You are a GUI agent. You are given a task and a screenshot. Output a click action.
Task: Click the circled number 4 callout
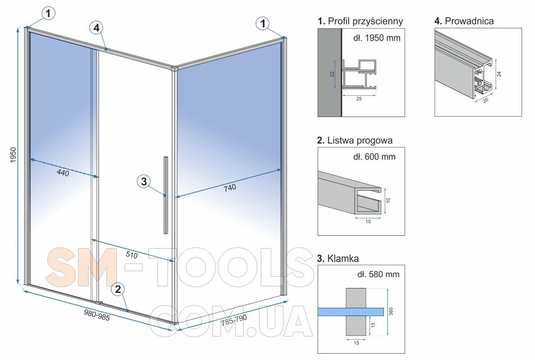(x=97, y=27)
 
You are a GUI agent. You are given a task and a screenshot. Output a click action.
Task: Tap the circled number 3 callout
(x=144, y=181)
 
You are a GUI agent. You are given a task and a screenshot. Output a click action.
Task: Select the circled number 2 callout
(x=118, y=289)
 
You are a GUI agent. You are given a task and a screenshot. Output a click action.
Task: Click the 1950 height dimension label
(x=13, y=155)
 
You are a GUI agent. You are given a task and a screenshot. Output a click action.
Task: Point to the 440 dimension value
(x=63, y=173)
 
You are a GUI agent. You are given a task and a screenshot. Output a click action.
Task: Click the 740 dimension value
(x=229, y=188)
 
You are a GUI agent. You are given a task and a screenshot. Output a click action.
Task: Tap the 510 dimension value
(x=132, y=255)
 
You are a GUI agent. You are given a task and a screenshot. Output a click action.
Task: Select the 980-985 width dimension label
(x=97, y=315)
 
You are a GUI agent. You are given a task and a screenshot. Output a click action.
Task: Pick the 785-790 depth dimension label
(x=234, y=320)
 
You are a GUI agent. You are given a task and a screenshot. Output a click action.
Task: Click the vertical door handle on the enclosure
(x=166, y=195)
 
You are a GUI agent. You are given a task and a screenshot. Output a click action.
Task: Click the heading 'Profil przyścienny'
(x=365, y=21)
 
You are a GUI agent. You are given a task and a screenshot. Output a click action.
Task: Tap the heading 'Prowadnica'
(x=469, y=21)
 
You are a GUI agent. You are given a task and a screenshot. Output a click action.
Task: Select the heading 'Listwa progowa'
(x=360, y=140)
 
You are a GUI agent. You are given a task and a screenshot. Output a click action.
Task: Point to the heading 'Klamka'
(x=343, y=258)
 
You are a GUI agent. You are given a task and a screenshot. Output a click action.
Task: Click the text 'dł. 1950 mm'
(x=377, y=38)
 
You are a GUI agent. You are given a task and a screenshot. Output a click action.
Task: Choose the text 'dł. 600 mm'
(x=374, y=157)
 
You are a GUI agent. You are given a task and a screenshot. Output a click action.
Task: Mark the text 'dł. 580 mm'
(x=378, y=274)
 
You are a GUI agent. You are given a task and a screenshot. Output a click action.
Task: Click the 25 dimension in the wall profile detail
(x=359, y=99)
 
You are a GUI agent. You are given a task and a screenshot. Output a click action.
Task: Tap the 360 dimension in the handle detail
(x=391, y=311)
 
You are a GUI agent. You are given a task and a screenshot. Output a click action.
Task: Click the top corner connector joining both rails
(x=174, y=68)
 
